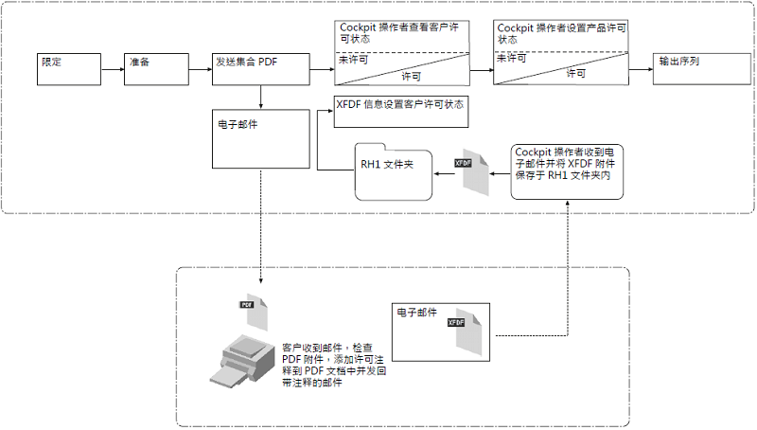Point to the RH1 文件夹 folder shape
392,170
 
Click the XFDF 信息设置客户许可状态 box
399,111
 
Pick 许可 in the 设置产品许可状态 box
575,74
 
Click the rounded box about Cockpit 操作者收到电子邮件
568,170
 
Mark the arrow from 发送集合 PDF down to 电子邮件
260,98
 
